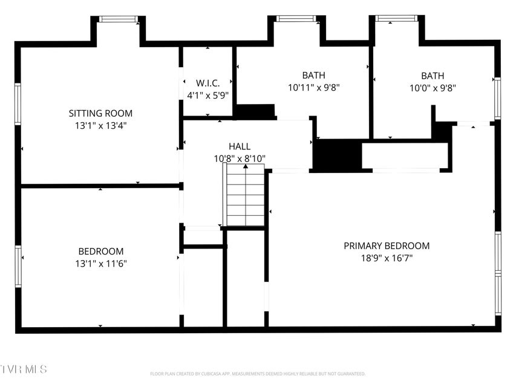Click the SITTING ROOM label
(100, 113)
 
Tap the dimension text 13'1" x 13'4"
(100, 125)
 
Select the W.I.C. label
(207, 83)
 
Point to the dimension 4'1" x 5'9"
(207, 94)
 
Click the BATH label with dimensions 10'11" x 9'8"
(313, 76)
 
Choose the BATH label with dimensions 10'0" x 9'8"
(433, 76)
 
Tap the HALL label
(240, 146)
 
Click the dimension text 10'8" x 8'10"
(240, 158)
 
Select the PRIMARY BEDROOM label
(387, 246)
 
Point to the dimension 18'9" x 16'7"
(387, 258)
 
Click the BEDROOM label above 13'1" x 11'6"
(100, 251)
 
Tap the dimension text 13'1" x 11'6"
(100, 263)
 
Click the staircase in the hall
(245, 197)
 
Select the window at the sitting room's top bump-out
(118, 19)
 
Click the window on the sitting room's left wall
(18, 104)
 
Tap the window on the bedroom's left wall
(18, 266)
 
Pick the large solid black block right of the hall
(336, 155)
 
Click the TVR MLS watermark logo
(24, 368)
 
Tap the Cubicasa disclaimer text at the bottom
(258, 374)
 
